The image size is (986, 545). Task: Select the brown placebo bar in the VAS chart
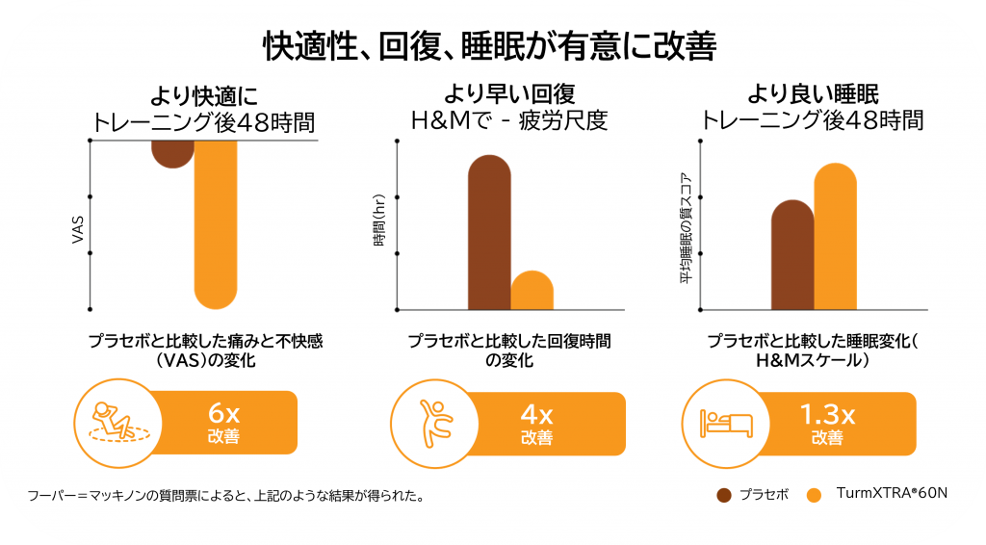[173, 152]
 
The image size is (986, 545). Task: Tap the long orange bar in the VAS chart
[216, 221]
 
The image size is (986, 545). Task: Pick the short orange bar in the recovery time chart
[532, 291]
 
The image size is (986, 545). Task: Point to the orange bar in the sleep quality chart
[835, 236]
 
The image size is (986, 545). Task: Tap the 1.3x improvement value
[827, 415]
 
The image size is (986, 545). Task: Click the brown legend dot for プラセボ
[724, 495]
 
